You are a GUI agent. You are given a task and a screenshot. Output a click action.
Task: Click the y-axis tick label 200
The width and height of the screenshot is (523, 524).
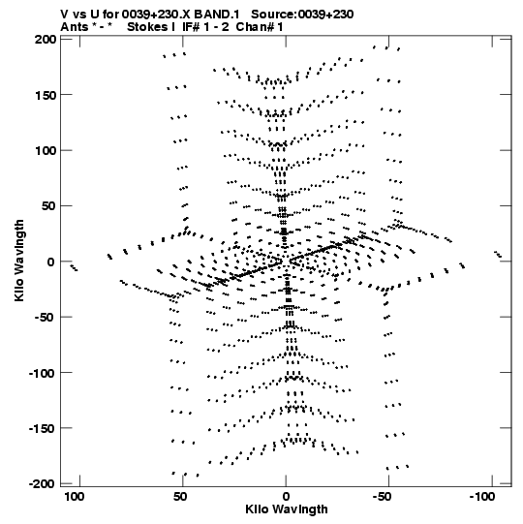[46, 39]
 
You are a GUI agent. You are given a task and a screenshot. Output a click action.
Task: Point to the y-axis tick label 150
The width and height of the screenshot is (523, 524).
[46, 95]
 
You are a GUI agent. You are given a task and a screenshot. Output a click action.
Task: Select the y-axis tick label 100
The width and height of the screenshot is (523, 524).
[46, 151]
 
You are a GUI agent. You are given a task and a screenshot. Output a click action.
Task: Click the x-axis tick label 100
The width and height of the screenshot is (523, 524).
[75, 497]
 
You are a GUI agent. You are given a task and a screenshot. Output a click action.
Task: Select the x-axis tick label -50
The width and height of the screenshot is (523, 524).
[382, 497]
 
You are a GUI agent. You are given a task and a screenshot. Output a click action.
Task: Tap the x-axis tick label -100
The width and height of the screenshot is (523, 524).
[482, 497]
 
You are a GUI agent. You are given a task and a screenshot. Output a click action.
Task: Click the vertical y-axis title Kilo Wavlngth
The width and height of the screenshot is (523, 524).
[19, 261]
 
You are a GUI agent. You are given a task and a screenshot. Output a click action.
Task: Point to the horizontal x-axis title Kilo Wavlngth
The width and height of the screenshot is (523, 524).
[287, 509]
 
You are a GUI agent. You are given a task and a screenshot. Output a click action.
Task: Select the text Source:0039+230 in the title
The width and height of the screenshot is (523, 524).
[302, 15]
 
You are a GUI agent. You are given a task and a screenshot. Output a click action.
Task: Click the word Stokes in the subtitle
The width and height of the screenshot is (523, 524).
[147, 27]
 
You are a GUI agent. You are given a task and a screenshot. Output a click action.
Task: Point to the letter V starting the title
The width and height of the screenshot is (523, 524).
[65, 15]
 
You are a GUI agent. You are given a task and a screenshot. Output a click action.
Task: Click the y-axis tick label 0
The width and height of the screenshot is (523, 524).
[50, 262]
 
